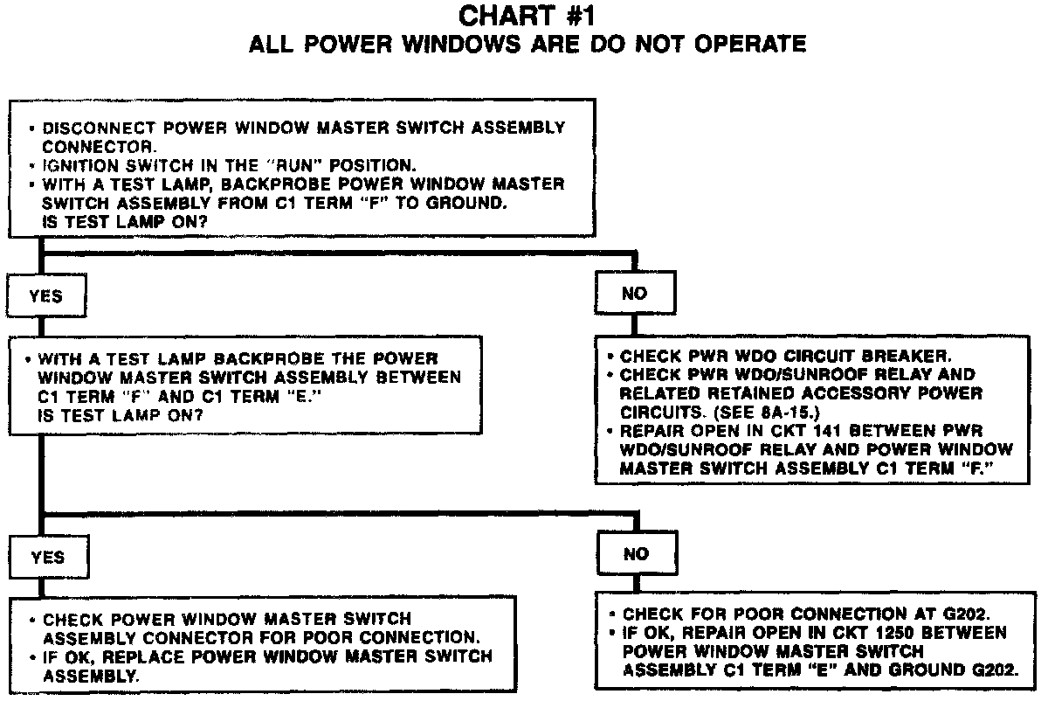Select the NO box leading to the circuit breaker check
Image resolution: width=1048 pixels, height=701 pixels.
click(x=635, y=294)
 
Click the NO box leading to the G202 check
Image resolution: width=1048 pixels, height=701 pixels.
click(x=636, y=554)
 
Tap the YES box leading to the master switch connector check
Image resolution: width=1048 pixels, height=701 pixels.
click(x=48, y=558)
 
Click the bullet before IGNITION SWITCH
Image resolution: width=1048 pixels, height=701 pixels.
click(x=32, y=165)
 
